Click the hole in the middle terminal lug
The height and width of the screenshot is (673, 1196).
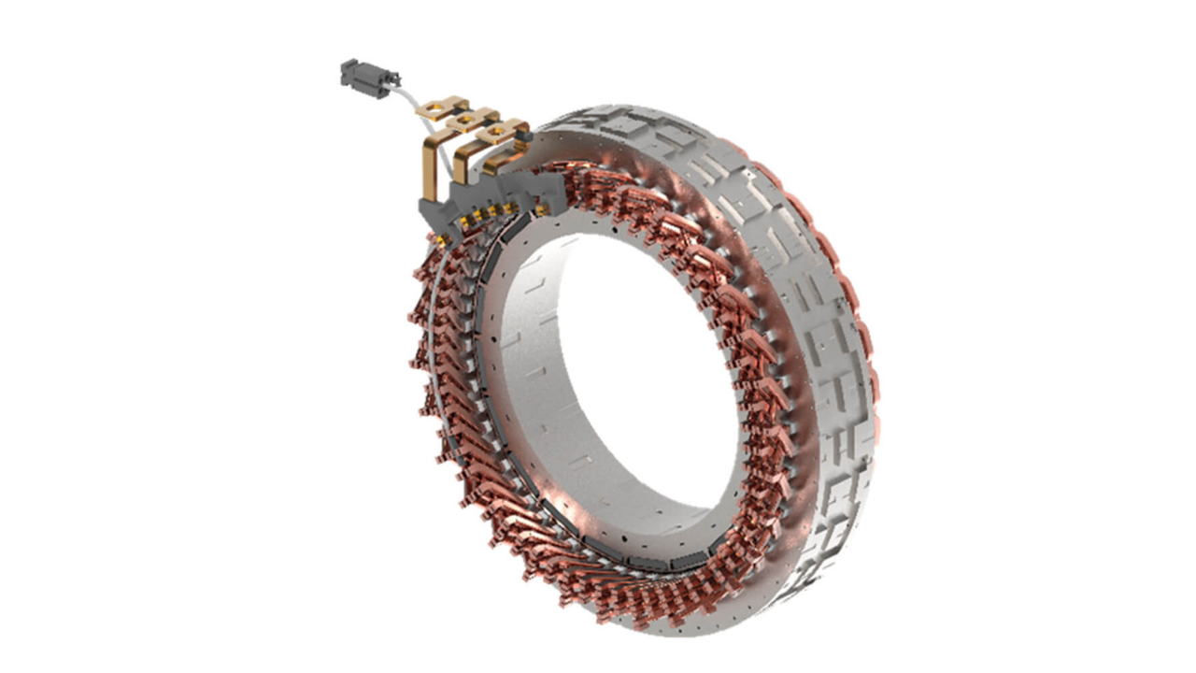[x=463, y=122]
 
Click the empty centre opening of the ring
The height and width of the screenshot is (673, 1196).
[x=635, y=374]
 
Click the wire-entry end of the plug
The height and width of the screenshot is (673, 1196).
[x=392, y=79]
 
